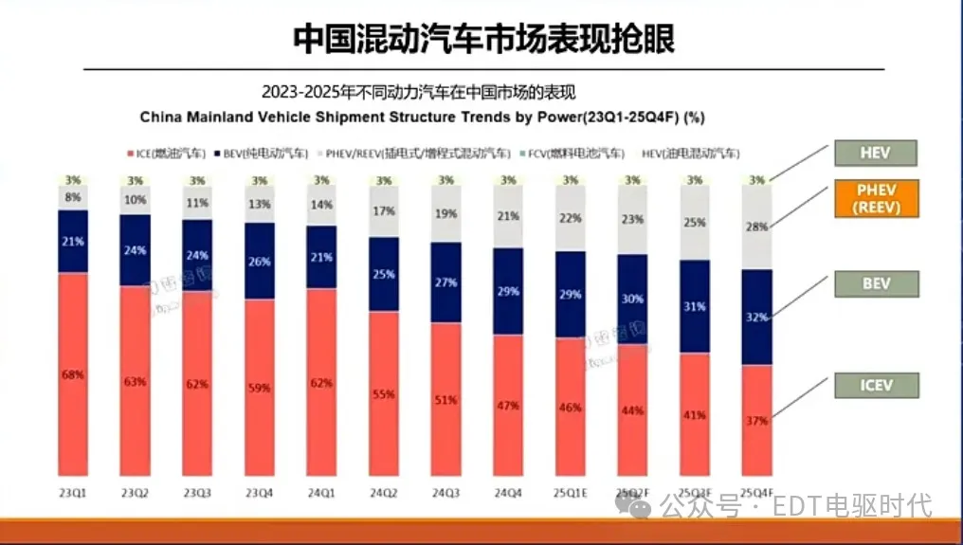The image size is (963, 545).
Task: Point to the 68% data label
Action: [x=73, y=375]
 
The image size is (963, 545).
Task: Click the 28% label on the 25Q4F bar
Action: [x=756, y=227]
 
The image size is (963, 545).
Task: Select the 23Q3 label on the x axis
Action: [x=197, y=493]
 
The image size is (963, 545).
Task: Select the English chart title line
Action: [x=421, y=118]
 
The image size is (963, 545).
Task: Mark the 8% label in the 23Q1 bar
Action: [x=73, y=198]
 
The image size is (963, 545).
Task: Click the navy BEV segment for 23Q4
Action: [x=260, y=261]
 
